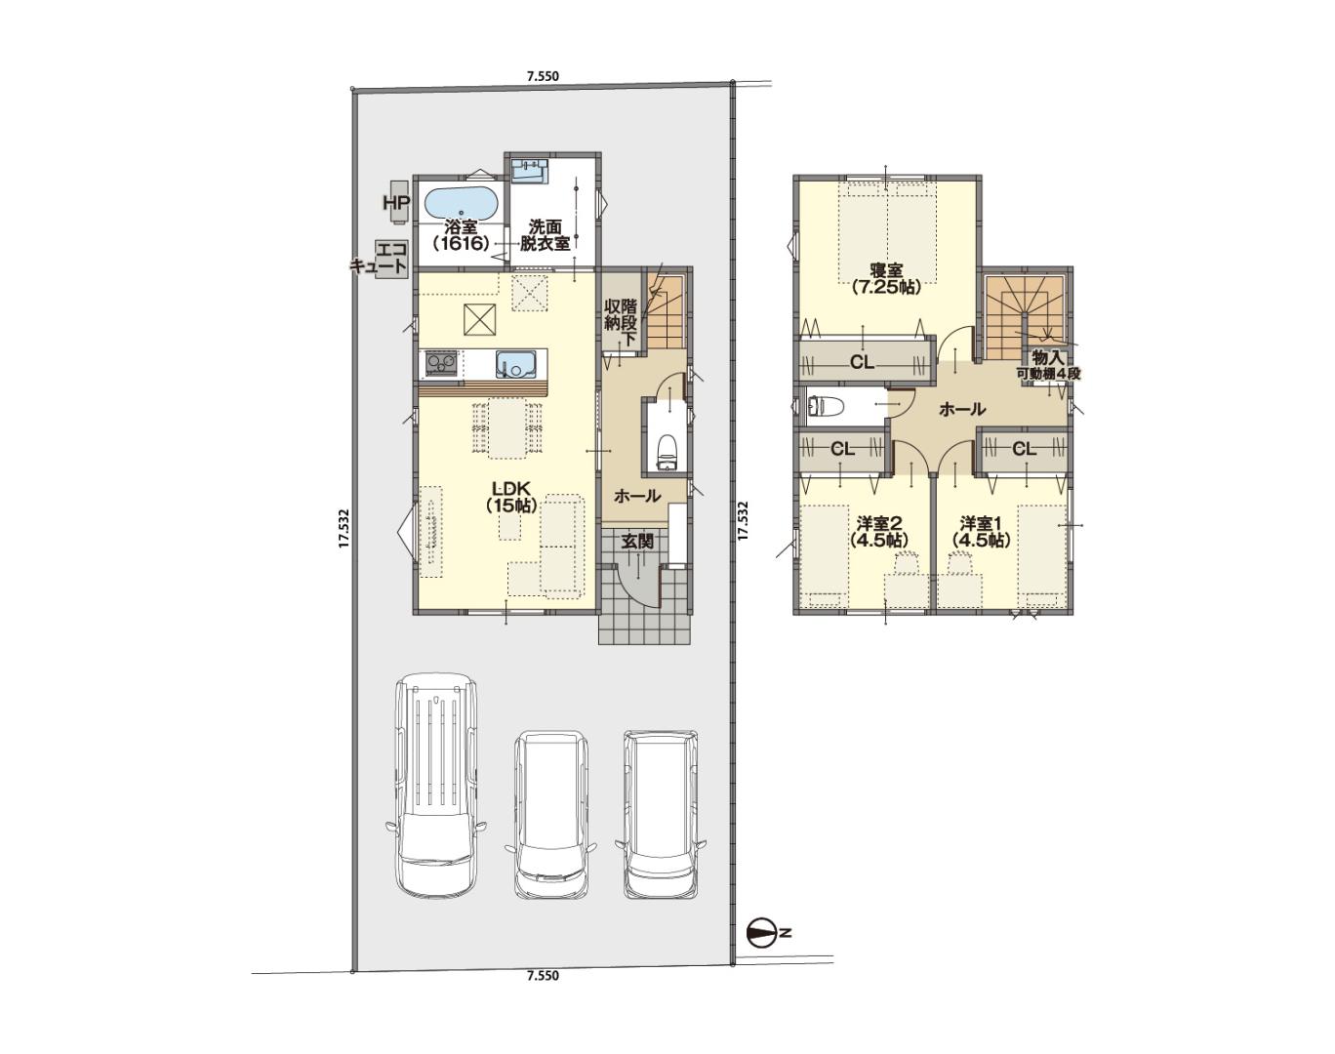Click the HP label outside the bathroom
(394, 202)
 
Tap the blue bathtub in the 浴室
(462, 203)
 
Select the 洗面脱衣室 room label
(546, 235)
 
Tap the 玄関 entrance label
(637, 542)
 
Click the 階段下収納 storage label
(621, 322)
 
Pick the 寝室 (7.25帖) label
(886, 279)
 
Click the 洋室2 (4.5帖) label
(877, 531)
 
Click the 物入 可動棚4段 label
(1048, 365)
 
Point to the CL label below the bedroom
(863, 363)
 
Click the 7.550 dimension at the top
(543, 76)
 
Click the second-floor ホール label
(962, 409)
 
